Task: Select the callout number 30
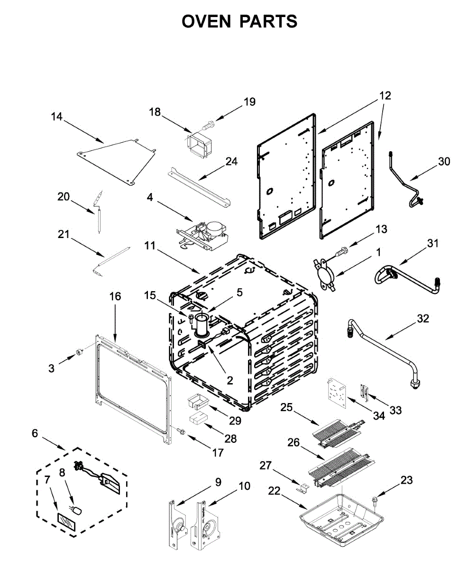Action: point(444,162)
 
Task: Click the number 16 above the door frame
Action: point(115,296)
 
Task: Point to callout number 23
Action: point(406,480)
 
